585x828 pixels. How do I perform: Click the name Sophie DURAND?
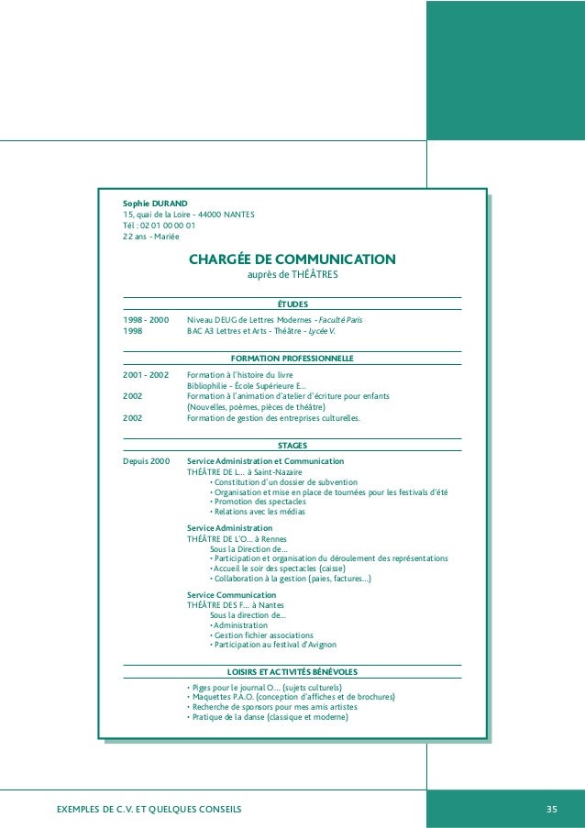click(155, 203)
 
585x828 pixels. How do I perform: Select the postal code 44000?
click(211, 215)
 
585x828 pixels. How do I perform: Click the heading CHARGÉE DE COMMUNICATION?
click(292, 259)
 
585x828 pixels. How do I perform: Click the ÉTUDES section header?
click(292, 304)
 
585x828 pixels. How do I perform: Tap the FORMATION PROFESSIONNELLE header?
click(292, 358)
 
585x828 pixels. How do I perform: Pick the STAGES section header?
click(292, 446)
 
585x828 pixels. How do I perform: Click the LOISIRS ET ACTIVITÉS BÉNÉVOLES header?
click(292, 671)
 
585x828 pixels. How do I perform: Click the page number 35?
click(551, 808)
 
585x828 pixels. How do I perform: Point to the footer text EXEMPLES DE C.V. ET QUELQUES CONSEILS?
click(149, 808)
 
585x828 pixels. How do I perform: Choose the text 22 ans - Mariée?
click(151, 237)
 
